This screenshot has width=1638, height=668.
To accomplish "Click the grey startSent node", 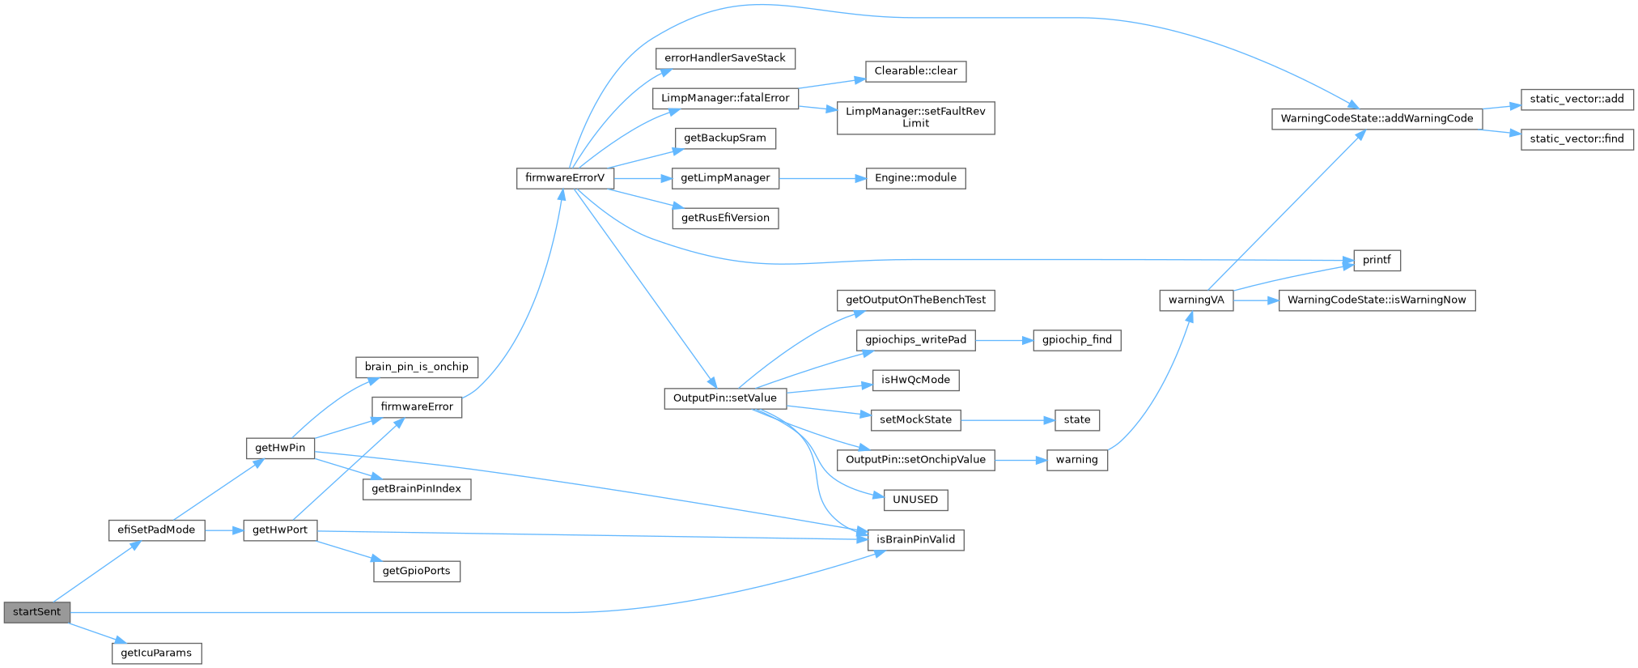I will (x=36, y=612).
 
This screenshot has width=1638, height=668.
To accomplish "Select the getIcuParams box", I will (x=156, y=653).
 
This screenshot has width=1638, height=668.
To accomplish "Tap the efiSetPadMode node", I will (x=156, y=530).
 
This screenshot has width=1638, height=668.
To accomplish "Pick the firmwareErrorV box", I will (x=565, y=178).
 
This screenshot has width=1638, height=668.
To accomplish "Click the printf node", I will (x=1377, y=260).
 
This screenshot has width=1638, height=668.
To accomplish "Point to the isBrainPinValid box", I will (x=915, y=539).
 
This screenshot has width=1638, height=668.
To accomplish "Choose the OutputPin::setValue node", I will (x=725, y=398).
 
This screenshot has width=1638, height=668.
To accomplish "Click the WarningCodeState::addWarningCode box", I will (x=1377, y=119).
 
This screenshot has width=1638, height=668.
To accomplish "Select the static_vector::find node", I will (x=1576, y=139).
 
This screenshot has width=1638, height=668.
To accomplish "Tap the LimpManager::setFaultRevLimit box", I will (x=915, y=117).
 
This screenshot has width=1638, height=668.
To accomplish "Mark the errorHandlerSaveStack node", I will (x=725, y=58).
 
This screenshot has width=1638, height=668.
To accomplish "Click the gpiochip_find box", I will (x=1076, y=340).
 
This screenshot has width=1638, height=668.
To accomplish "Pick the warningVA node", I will (x=1196, y=300).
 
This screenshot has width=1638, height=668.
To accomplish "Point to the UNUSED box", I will (x=915, y=500).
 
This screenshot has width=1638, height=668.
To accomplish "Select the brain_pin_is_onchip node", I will (x=416, y=367).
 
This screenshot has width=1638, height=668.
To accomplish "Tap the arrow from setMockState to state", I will (x=1008, y=420).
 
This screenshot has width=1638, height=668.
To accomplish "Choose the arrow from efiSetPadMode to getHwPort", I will (x=224, y=530).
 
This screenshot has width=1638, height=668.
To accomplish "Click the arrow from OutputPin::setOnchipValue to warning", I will (x=1021, y=460).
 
